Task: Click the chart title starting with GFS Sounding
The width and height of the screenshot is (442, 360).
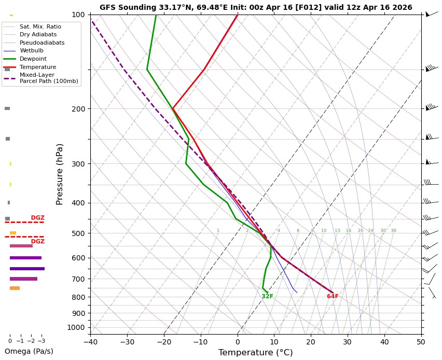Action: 256,8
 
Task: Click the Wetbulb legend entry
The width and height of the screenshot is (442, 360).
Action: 32,51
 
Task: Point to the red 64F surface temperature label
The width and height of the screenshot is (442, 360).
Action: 333,297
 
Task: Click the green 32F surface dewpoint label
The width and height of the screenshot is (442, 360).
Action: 267,297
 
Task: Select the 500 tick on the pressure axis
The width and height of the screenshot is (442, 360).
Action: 78,233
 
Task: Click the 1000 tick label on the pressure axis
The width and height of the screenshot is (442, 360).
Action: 76,327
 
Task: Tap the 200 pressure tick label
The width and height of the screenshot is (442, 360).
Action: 78,109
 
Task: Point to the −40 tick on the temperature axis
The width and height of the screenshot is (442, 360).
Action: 90,342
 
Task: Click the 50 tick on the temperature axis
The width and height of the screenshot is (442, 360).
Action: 421,342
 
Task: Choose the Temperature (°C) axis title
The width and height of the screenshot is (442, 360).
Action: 256,353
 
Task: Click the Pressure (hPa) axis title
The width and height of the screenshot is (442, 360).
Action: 60,174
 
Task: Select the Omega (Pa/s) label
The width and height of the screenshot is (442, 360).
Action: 29,351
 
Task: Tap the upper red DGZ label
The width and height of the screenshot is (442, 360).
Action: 37,218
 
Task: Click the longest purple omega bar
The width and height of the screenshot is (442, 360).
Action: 27,269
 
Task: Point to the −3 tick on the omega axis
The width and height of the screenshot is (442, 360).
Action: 41,341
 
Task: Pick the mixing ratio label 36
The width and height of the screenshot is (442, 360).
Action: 393,231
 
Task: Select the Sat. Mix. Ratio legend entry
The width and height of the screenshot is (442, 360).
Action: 40,26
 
